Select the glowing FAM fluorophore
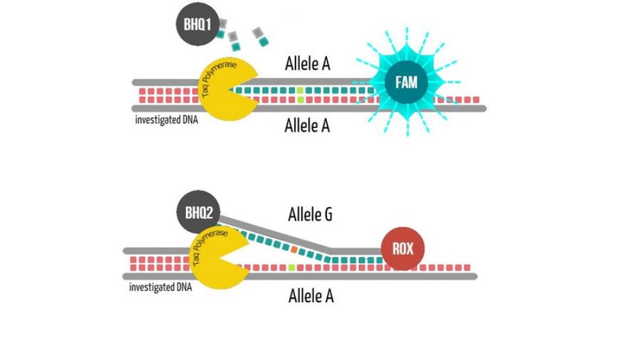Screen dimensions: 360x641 (408, 84)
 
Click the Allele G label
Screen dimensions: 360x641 (310, 214)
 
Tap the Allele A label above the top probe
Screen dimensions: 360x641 (307, 65)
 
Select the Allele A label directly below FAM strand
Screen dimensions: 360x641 (307, 126)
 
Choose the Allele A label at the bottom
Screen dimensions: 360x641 (311, 296)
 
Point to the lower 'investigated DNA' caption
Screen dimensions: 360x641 (160, 287)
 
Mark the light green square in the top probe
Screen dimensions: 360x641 (300, 99)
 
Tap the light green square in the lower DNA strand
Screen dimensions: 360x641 (292, 266)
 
